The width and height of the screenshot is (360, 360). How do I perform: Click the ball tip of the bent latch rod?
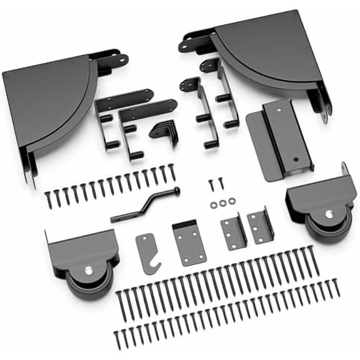click(177, 191)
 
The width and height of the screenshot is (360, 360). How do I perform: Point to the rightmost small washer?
click(232, 201)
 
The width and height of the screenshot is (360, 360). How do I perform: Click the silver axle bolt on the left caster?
click(89, 271)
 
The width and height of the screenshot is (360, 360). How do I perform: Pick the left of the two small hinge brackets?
click(232, 232)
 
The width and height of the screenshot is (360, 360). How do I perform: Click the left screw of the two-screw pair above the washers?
click(211, 184)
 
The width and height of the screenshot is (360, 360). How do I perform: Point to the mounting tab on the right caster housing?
click(344, 171)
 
